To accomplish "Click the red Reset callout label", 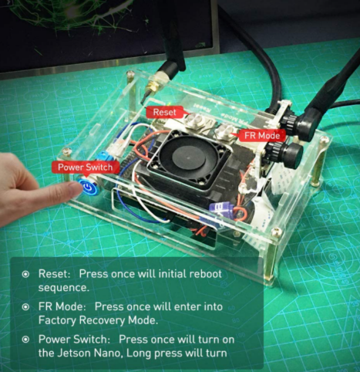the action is (165, 112).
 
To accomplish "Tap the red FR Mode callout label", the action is (262, 136).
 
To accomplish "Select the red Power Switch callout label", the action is (86, 167).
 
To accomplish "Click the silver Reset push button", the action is (194, 120).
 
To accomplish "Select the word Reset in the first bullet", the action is (54, 274).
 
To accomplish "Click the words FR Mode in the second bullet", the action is (62, 306).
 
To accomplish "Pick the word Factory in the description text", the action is (57, 320).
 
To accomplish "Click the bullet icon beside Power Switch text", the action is (25, 340).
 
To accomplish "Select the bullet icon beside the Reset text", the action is (25, 274).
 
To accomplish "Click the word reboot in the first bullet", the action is (205, 274).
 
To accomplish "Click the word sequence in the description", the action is (63, 288).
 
